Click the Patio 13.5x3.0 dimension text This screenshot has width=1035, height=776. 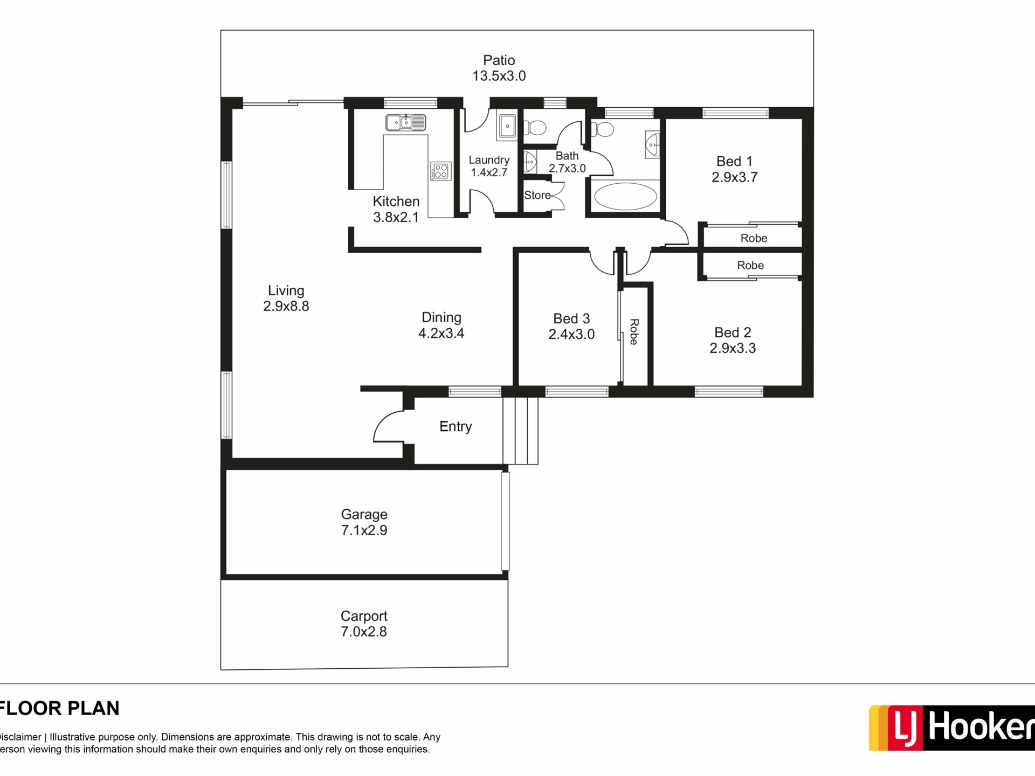point(499,76)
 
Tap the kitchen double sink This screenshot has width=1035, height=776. point(405,122)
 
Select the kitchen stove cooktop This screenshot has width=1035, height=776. point(440,171)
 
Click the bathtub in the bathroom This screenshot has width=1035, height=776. point(625,197)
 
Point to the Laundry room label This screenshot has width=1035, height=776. point(489,160)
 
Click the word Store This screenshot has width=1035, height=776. point(537,195)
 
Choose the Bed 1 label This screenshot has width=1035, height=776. point(734,161)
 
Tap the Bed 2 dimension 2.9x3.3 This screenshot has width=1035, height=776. point(733,348)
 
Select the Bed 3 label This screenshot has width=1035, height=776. point(571,318)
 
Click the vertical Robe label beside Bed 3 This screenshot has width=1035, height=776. point(634,332)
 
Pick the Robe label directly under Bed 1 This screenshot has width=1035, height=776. point(754,238)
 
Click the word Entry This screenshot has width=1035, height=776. point(456,427)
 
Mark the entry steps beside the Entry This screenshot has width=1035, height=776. point(520,431)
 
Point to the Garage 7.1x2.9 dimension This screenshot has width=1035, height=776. point(364,530)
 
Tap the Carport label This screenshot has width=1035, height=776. point(364,616)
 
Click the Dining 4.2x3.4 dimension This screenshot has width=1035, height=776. point(441,333)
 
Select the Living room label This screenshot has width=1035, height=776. point(286,290)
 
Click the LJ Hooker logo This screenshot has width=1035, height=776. point(951,727)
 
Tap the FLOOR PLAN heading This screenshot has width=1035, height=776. point(59,708)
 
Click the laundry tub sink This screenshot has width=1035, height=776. point(507,126)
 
